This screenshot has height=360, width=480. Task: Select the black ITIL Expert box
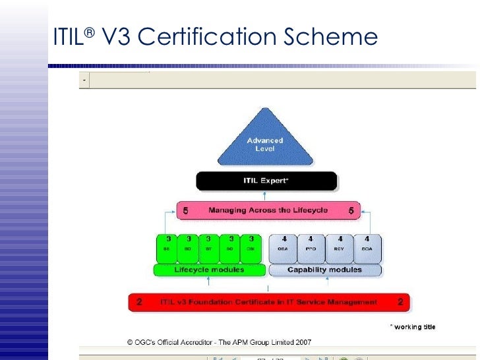tap(266, 181)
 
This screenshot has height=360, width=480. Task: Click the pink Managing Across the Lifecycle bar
tap(268, 210)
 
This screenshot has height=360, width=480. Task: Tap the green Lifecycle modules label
tap(209, 270)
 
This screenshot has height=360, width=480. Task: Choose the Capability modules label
tap(325, 270)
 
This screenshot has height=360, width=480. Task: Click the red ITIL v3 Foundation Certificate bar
tap(268, 302)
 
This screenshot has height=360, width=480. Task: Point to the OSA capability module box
tap(282, 249)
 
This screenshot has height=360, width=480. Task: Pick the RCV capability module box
tap(340, 249)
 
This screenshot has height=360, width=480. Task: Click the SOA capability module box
tap(367, 249)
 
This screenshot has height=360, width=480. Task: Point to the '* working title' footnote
tap(413, 327)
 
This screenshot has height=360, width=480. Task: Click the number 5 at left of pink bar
tap(186, 210)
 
